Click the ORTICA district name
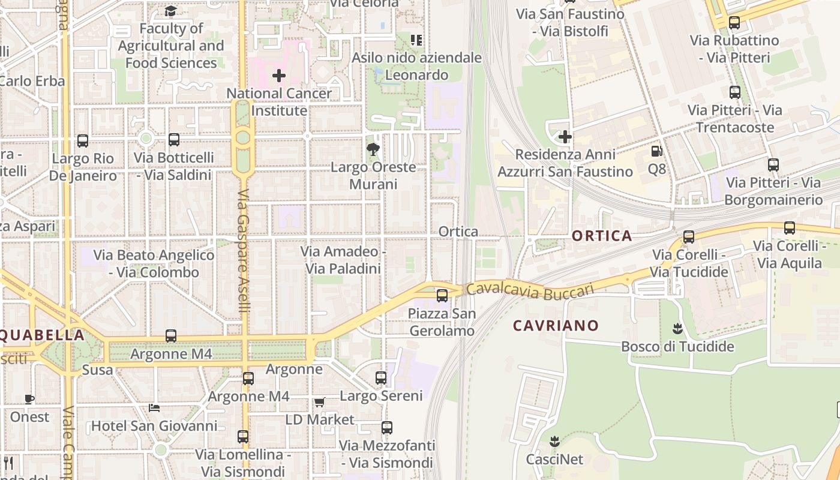point(602,236)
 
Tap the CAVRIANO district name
point(556,326)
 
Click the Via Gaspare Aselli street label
point(243,251)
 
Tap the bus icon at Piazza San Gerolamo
point(442,295)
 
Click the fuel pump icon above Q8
point(657,152)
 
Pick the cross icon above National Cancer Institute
point(279,76)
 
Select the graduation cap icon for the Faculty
point(171,11)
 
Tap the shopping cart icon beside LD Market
point(319,402)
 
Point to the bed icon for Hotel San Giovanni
point(154,408)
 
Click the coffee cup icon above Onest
point(29,399)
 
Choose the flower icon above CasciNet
point(554,442)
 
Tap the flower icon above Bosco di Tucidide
point(678,329)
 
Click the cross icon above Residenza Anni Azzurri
point(565,137)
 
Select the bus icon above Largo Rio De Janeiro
point(83,141)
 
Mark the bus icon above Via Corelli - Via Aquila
point(790,228)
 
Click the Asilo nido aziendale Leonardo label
point(416,66)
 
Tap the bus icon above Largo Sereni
point(381,378)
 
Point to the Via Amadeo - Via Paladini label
point(343,260)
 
